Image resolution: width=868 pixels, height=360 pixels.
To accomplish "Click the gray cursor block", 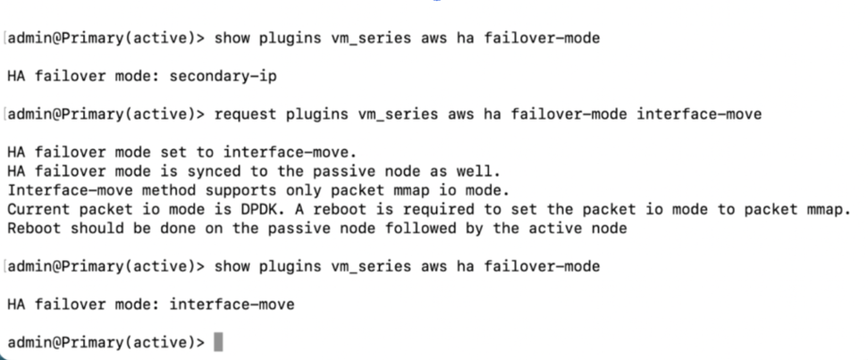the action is point(220,341).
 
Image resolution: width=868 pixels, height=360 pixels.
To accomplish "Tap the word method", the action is point(156,188).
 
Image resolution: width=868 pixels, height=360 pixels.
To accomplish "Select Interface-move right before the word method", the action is point(65,188).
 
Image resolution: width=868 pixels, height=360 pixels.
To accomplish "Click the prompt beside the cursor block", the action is point(105,341).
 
